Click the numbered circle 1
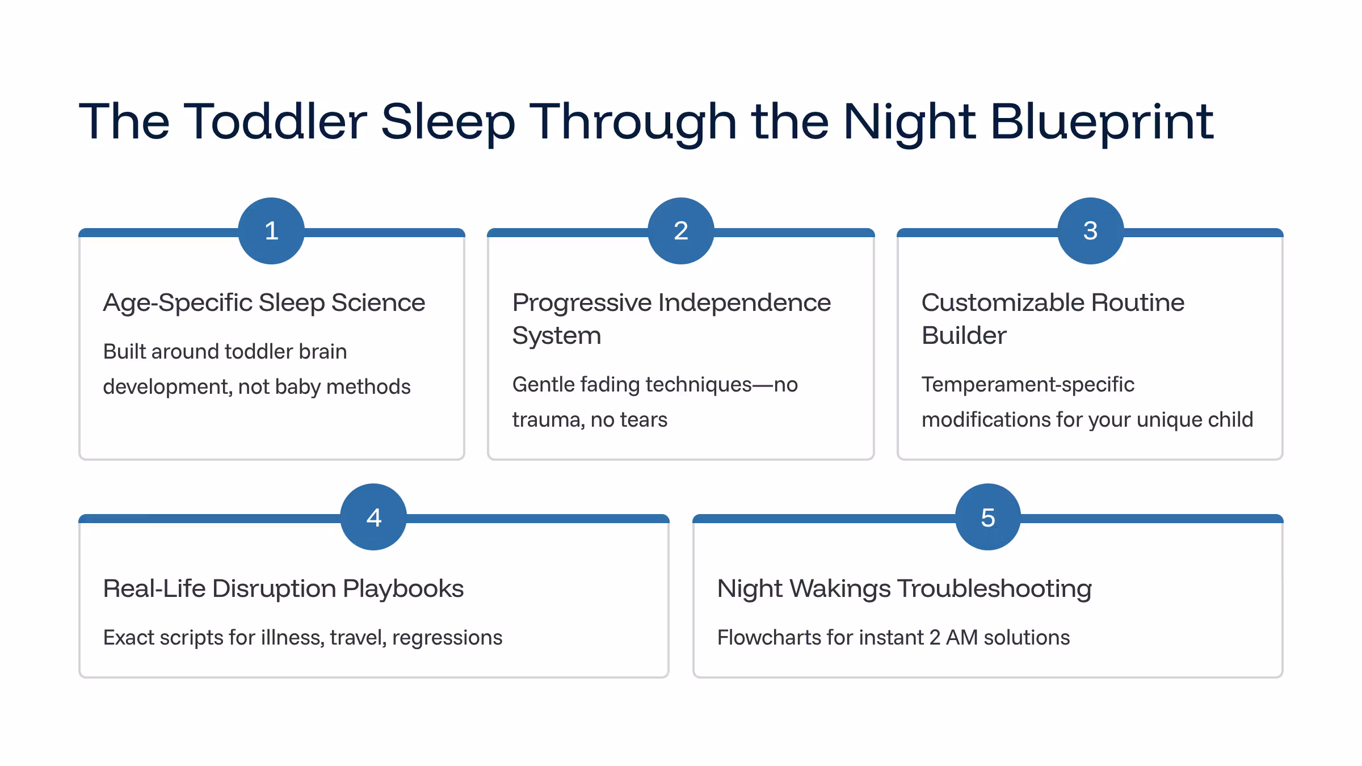coord(271,230)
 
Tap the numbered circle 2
coord(681,230)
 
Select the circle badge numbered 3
coord(1091,230)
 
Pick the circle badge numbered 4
coord(373,516)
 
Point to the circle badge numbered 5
coord(988,516)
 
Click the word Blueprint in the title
coord(1102,122)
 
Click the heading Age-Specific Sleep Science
coord(264,302)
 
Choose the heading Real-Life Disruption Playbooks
coord(283,589)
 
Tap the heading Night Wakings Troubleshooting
coord(904,589)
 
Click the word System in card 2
coord(556,335)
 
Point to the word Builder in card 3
coord(964,335)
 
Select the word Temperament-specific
coord(1028,385)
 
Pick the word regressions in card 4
coord(447,638)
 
